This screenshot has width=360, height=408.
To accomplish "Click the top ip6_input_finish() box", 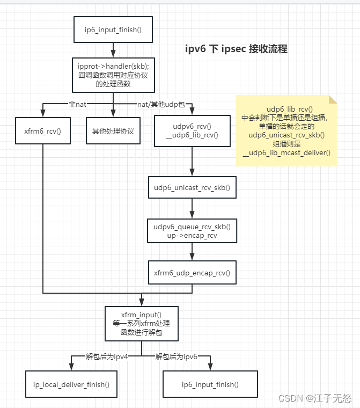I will (113, 30).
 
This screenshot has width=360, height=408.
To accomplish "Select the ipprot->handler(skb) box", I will (113, 75).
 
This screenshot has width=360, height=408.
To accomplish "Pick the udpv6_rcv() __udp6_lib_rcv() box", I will (192, 131).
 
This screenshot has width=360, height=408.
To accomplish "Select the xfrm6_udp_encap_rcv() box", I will (192, 273).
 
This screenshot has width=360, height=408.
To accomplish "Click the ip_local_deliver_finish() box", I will (71, 384).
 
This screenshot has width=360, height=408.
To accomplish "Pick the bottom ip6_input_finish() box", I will (210, 384).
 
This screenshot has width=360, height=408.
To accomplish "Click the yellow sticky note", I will (286, 131).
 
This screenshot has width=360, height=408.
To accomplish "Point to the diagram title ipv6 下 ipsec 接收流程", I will (236, 49).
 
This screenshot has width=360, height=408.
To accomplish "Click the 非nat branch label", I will (77, 104).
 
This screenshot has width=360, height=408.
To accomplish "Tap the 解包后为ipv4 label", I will (107, 356).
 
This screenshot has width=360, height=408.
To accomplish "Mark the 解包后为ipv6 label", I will (177, 356).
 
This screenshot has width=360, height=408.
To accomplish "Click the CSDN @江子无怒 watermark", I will (315, 398).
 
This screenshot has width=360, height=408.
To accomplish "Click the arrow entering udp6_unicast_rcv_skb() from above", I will (192, 161).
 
